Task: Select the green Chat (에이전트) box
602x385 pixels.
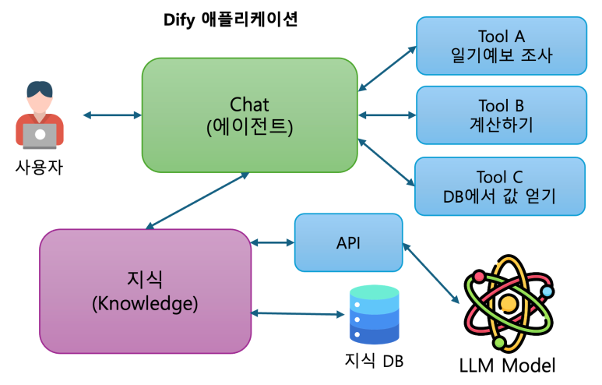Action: pyautogui.click(x=249, y=115)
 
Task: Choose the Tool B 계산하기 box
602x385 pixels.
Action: pyautogui.click(x=501, y=115)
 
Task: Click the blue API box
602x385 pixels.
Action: pyautogui.click(x=348, y=242)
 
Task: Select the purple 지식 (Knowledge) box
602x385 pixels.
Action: pyautogui.click(x=145, y=290)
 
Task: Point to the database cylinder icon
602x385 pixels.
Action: pyautogui.click(x=375, y=315)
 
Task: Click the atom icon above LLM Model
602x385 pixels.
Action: pyautogui.click(x=509, y=300)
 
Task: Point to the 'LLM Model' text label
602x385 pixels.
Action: pyautogui.click(x=509, y=364)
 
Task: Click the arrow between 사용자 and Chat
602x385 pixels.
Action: pyautogui.click(x=111, y=115)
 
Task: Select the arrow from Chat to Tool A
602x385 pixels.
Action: pyautogui.click(x=387, y=66)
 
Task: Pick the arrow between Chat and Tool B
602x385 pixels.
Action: pyautogui.click(x=387, y=115)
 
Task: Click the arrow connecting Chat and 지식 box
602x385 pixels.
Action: pyautogui.click(x=198, y=201)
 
